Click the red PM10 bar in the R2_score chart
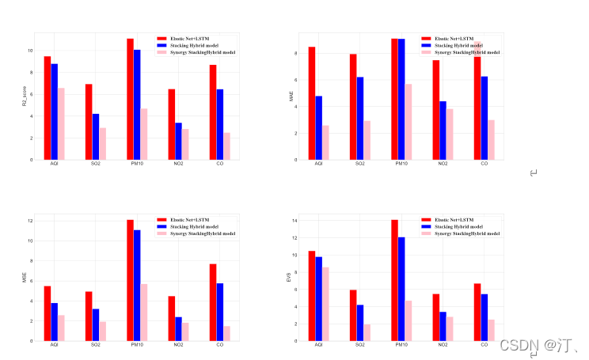tap(130, 99)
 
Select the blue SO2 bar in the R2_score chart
tap(96, 137)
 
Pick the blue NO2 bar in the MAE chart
tap(443, 131)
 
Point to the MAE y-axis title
tap(290, 97)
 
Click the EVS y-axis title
tap(290, 279)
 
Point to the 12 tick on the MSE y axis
tap(29, 221)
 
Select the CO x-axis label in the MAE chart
tap(484, 165)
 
